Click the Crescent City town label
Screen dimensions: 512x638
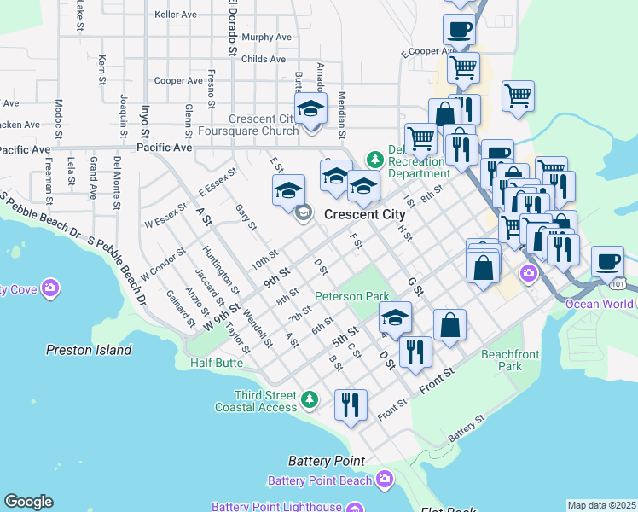click(365, 214)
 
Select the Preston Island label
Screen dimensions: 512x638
click(88, 350)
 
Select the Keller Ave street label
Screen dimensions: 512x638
click(176, 15)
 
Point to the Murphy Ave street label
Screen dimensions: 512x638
click(266, 38)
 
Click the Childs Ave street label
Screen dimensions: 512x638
click(264, 60)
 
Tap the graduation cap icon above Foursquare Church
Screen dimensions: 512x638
click(311, 110)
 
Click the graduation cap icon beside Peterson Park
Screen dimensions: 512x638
click(394, 319)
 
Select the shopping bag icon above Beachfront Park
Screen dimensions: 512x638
click(449, 325)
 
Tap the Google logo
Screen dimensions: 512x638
click(28, 502)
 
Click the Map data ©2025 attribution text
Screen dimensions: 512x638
click(601, 505)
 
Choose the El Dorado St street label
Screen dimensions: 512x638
click(231, 27)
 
